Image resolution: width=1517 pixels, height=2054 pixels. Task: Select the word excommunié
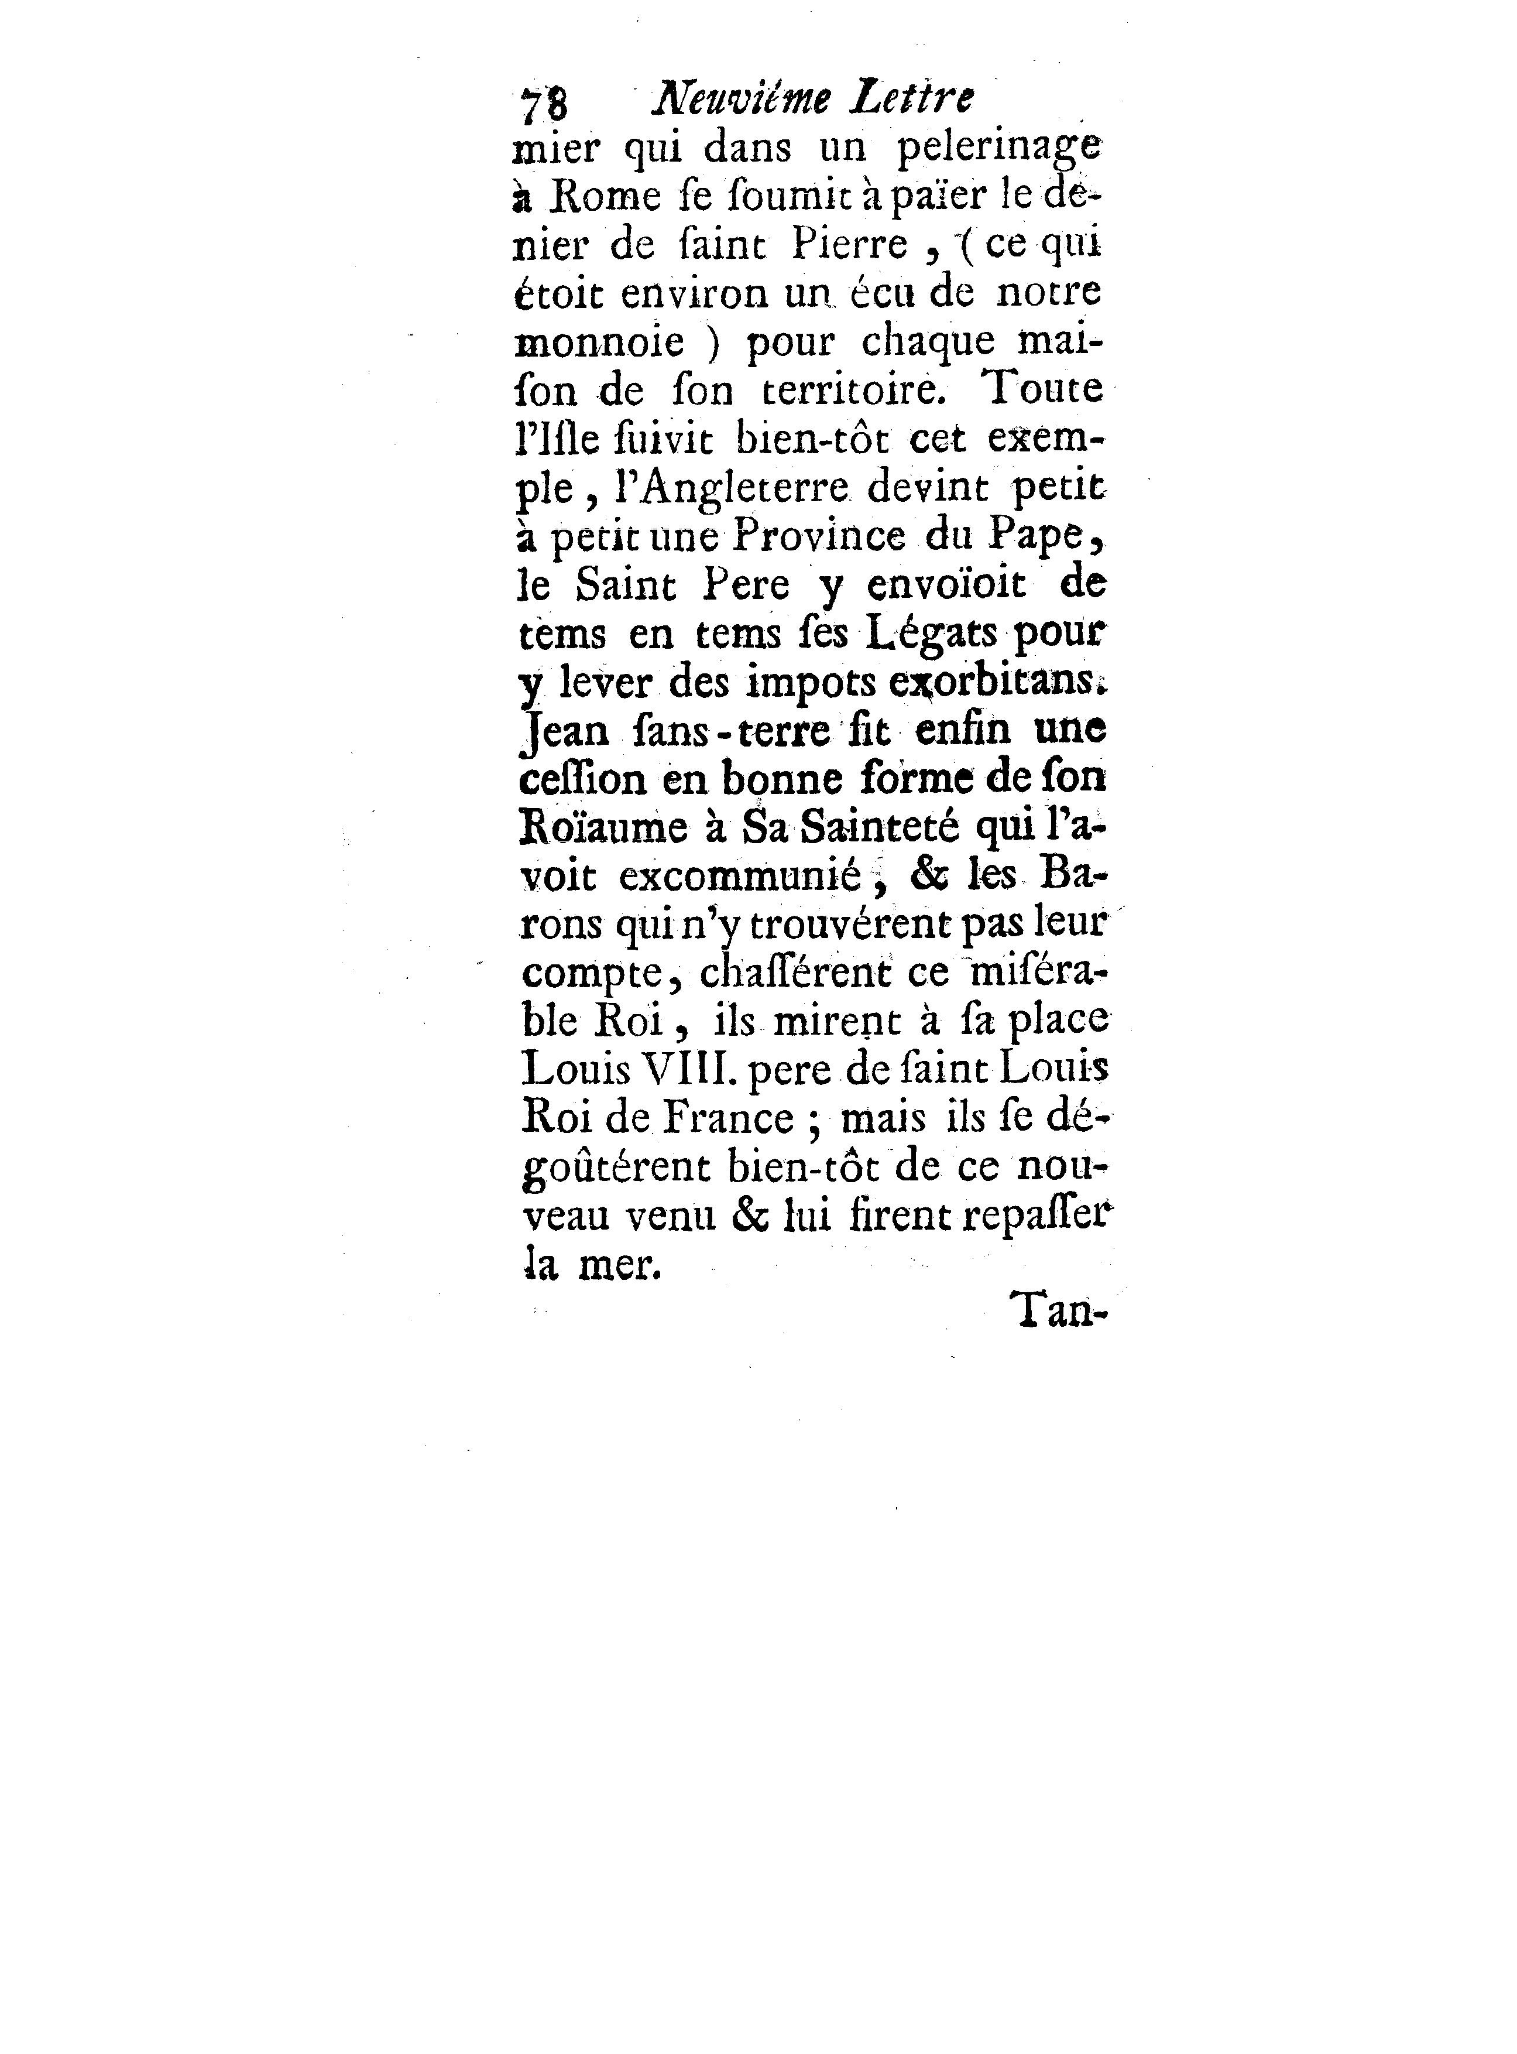(x=740, y=877)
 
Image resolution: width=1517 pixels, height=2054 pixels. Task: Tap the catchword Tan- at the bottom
(x=1060, y=1312)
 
